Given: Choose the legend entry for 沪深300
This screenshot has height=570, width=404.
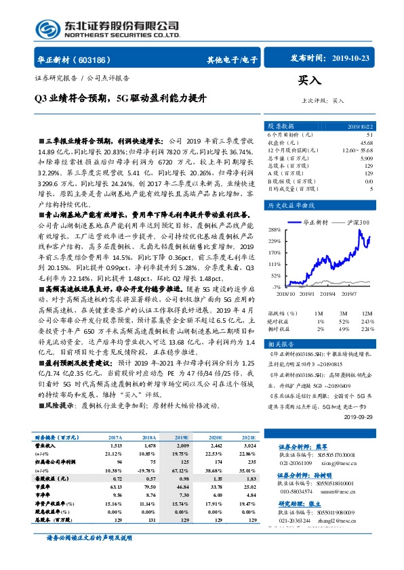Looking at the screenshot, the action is coord(355,222).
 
